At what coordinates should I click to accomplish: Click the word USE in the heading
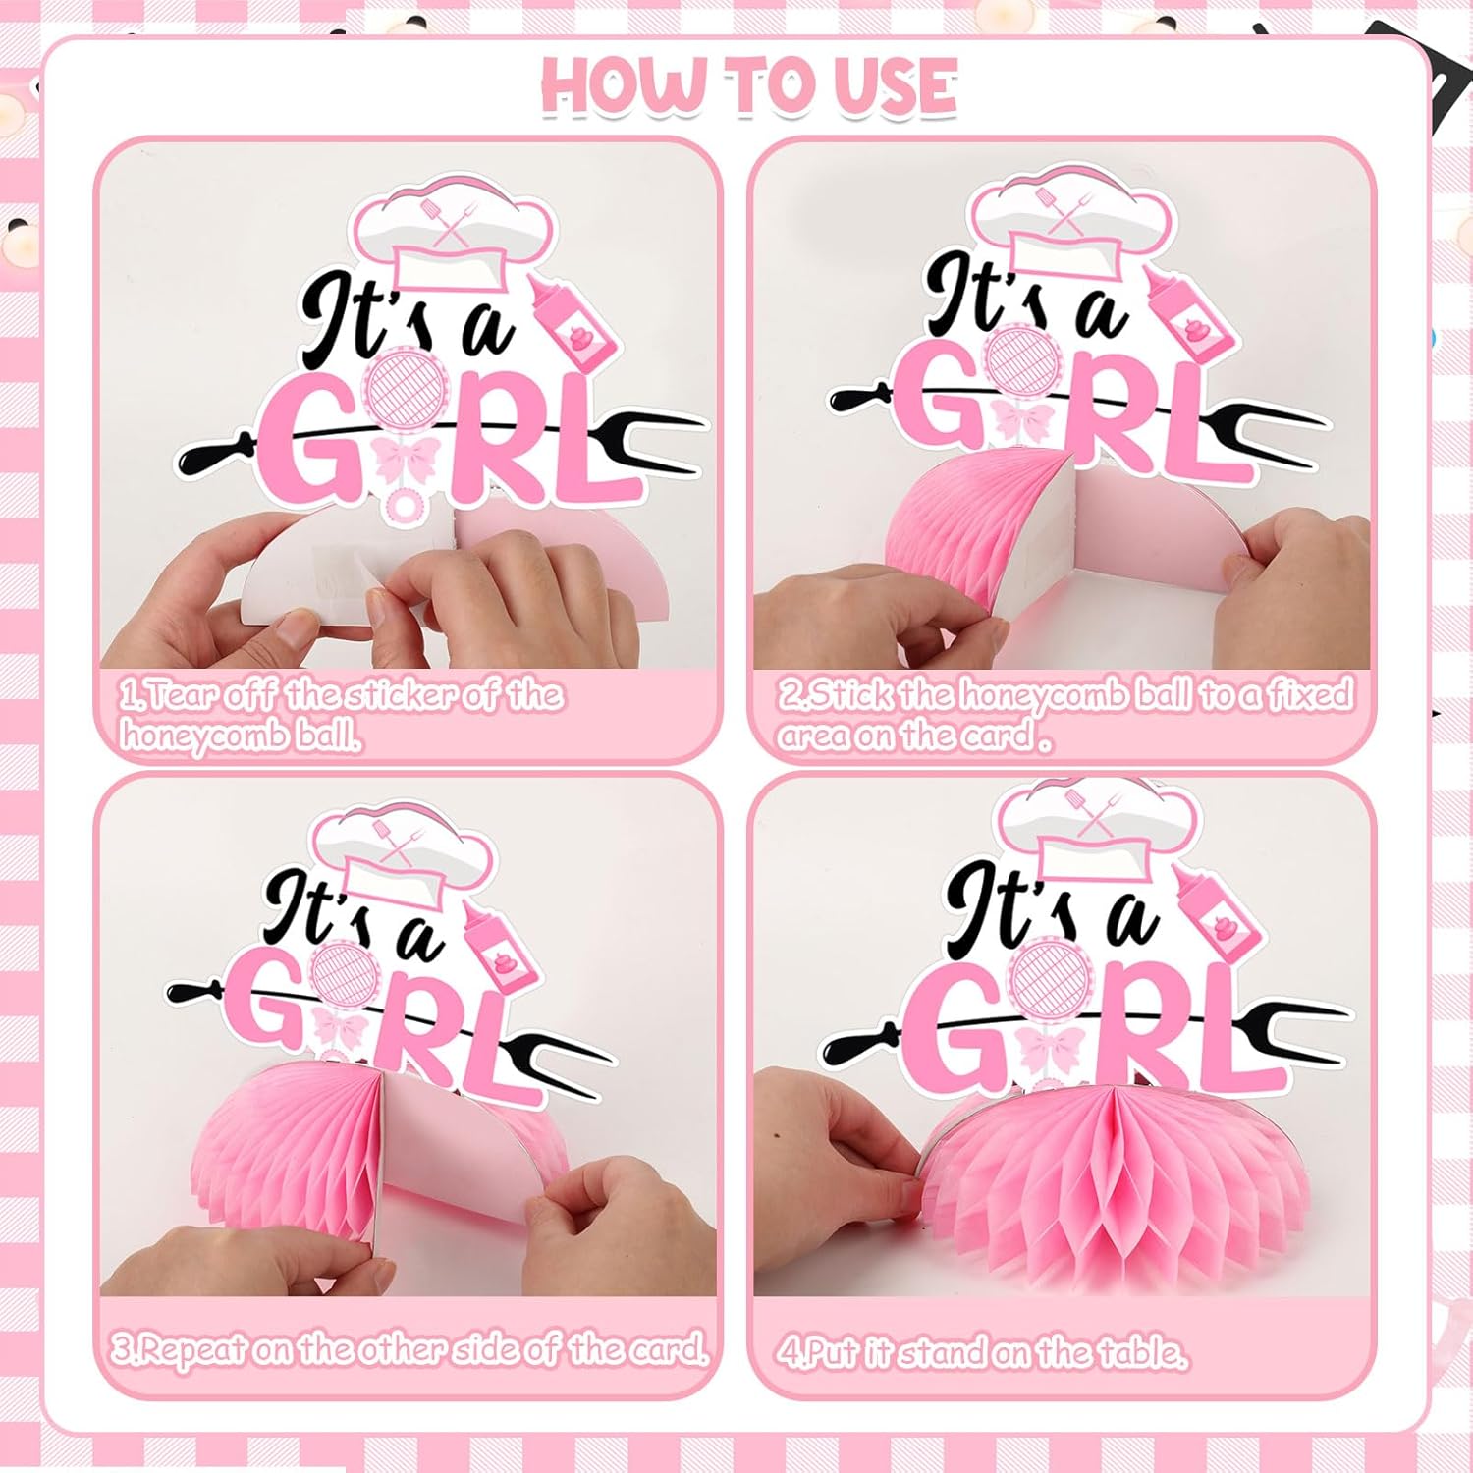[x=895, y=85]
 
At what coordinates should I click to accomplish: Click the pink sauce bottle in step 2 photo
[x=1184, y=313]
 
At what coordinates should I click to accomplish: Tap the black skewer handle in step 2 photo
[x=860, y=398]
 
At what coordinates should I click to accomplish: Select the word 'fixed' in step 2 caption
[x=1310, y=694]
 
